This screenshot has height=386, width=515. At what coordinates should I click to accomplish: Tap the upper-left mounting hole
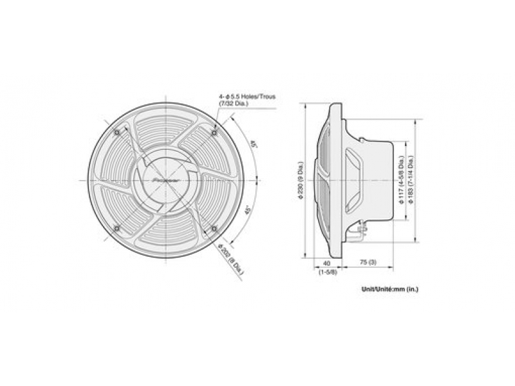pos(117,133)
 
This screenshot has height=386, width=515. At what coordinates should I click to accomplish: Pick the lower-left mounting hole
pos(117,229)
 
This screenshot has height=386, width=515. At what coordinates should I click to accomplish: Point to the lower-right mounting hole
pos(214,228)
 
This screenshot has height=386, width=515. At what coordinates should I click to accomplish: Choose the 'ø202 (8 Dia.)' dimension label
pos(231,261)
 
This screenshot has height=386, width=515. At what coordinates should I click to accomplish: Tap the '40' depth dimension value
pos(326,263)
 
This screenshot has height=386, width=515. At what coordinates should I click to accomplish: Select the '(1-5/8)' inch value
pos(326,271)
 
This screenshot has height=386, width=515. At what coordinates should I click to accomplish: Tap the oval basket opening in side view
pos(354,167)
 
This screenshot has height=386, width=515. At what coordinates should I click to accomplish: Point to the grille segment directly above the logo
pos(166,132)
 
